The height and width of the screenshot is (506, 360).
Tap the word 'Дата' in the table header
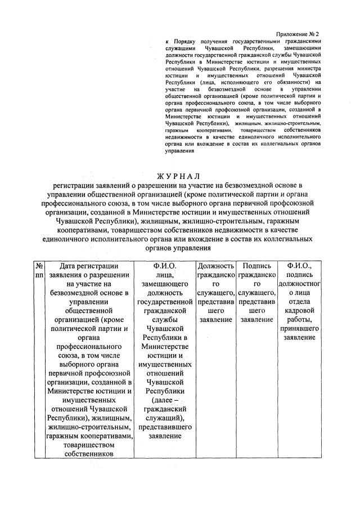64,265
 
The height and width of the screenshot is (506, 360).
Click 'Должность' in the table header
215,265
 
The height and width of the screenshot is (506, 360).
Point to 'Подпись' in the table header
256,265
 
